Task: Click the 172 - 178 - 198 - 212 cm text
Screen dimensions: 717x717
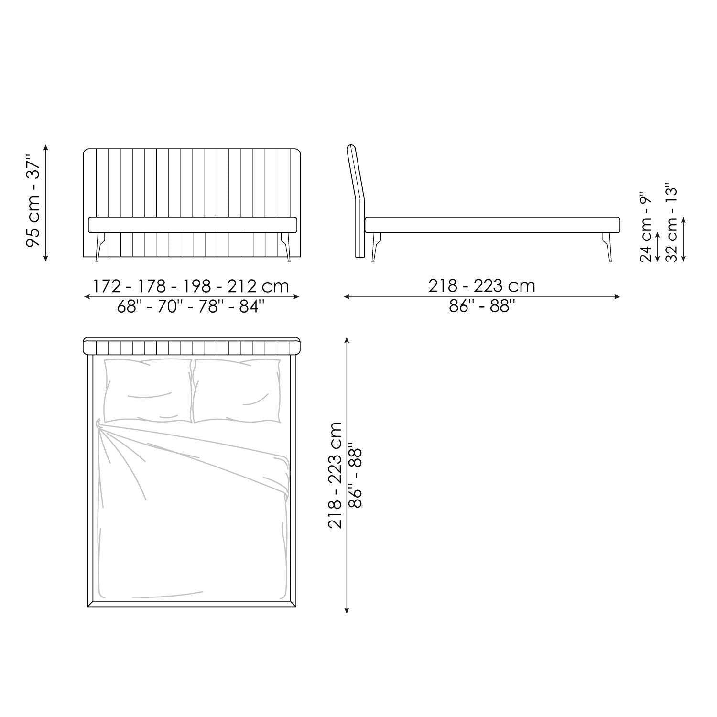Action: pos(191,286)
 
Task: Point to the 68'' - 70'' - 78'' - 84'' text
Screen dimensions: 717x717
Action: pos(191,306)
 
